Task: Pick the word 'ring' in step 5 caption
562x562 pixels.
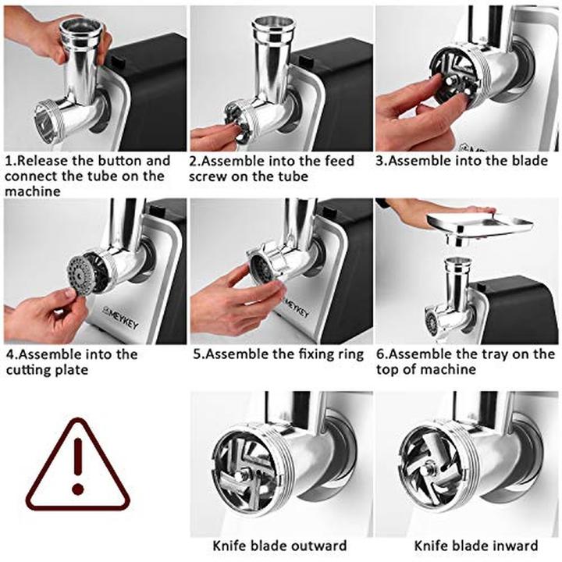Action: point(351,355)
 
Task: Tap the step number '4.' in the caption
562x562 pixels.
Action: point(12,355)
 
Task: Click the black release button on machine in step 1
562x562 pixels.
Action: point(115,60)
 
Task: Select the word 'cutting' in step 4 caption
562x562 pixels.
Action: point(26,370)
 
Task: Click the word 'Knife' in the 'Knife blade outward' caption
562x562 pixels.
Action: point(229,546)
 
